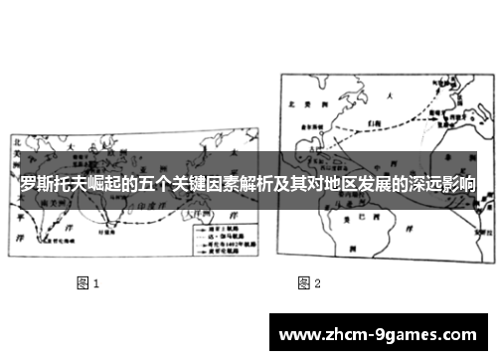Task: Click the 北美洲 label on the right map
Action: [301, 102]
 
